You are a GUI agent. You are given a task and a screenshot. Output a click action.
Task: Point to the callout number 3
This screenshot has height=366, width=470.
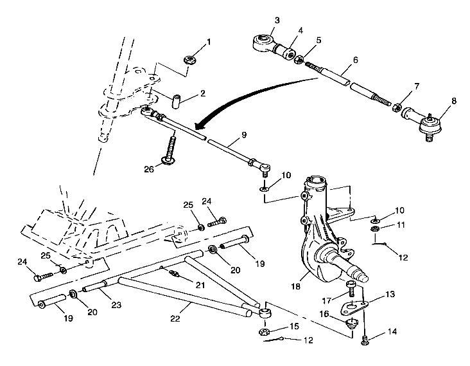pyautogui.click(x=276, y=20)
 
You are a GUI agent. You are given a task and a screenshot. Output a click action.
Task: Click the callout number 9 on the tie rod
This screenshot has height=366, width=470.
pyautogui.click(x=244, y=136)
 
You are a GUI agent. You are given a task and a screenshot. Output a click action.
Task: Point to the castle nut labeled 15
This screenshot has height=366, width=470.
pyautogui.click(x=264, y=333)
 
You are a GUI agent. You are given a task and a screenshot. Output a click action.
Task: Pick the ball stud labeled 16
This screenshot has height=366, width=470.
pyautogui.click(x=352, y=323)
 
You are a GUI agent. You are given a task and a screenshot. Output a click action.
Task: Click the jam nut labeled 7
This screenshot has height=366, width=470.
pyautogui.click(x=398, y=106)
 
